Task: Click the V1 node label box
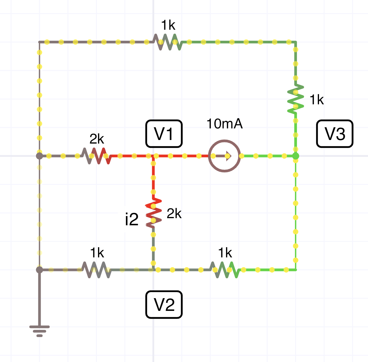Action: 164,134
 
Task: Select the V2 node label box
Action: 164,305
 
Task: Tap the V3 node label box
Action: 335,134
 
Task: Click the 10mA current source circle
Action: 225,156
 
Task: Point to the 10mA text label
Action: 225,124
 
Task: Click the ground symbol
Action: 40,330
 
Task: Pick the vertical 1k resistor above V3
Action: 296,99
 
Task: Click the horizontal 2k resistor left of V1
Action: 97,156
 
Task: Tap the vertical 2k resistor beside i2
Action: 153,213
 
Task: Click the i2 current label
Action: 132,220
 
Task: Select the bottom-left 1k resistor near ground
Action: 97,270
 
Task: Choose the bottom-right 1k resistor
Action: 225,270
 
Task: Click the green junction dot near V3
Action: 296,156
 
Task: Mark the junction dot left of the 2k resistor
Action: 40,156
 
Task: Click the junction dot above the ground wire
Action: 40,270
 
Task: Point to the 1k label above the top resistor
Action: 168,25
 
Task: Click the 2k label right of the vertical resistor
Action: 174,213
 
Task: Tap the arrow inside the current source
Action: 228,156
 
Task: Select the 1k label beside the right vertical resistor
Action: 317,100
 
